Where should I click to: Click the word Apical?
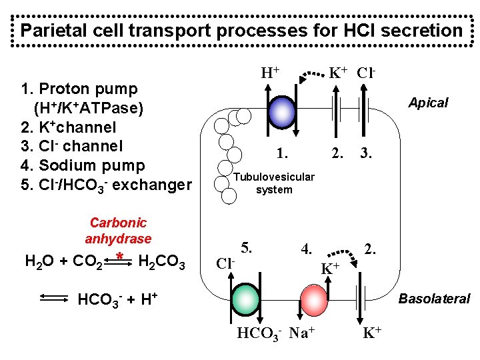coord(428,103)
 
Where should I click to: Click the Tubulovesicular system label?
coord(274,183)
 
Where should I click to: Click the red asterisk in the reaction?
coord(118,257)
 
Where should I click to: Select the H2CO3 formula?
coord(161,261)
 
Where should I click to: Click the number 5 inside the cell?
coord(247,248)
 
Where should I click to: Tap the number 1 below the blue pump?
coord(283,153)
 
